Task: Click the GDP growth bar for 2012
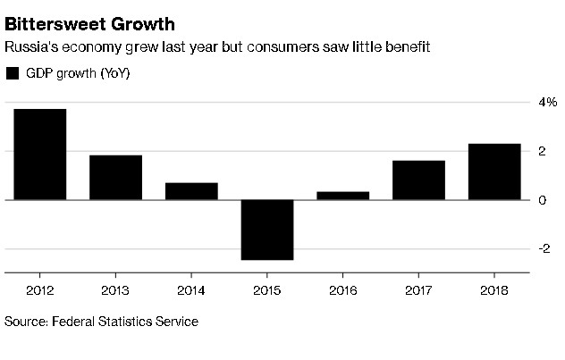click(39, 154)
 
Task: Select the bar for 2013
click(115, 177)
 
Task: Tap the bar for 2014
click(191, 190)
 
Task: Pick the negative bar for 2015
click(267, 230)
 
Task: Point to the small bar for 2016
click(343, 196)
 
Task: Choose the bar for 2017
click(419, 180)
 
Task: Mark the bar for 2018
click(495, 172)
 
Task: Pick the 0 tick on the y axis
click(542, 199)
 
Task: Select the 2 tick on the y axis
click(542, 151)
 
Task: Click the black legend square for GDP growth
click(13, 73)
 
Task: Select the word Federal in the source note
click(74, 321)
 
